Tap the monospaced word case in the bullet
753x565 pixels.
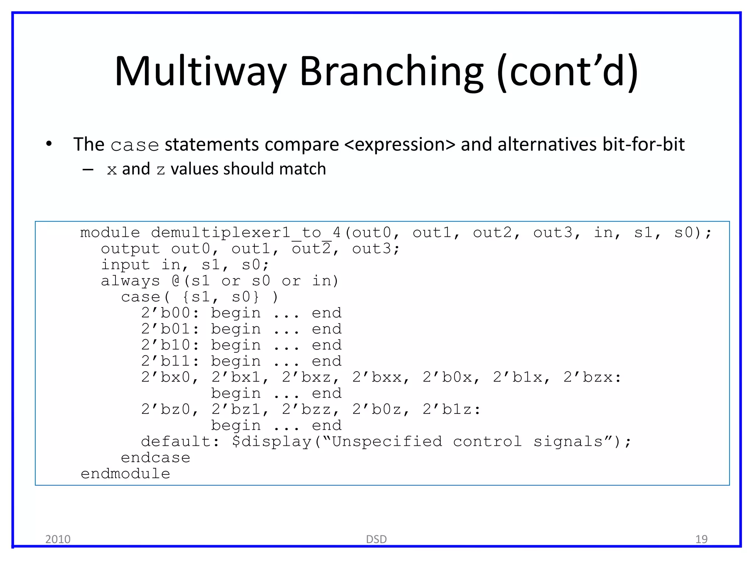point(135,145)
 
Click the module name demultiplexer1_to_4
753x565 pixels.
point(246,232)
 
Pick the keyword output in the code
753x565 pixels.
point(131,249)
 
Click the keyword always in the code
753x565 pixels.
point(131,281)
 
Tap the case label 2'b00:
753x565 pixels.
point(170,313)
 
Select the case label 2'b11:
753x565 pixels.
point(170,361)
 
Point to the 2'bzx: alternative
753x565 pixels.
point(592,377)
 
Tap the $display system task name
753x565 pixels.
point(271,441)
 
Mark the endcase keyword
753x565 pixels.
point(156,458)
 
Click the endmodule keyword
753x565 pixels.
point(125,474)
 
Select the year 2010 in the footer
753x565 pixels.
point(58,539)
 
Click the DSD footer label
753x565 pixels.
point(376,539)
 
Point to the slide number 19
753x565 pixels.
point(701,539)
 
